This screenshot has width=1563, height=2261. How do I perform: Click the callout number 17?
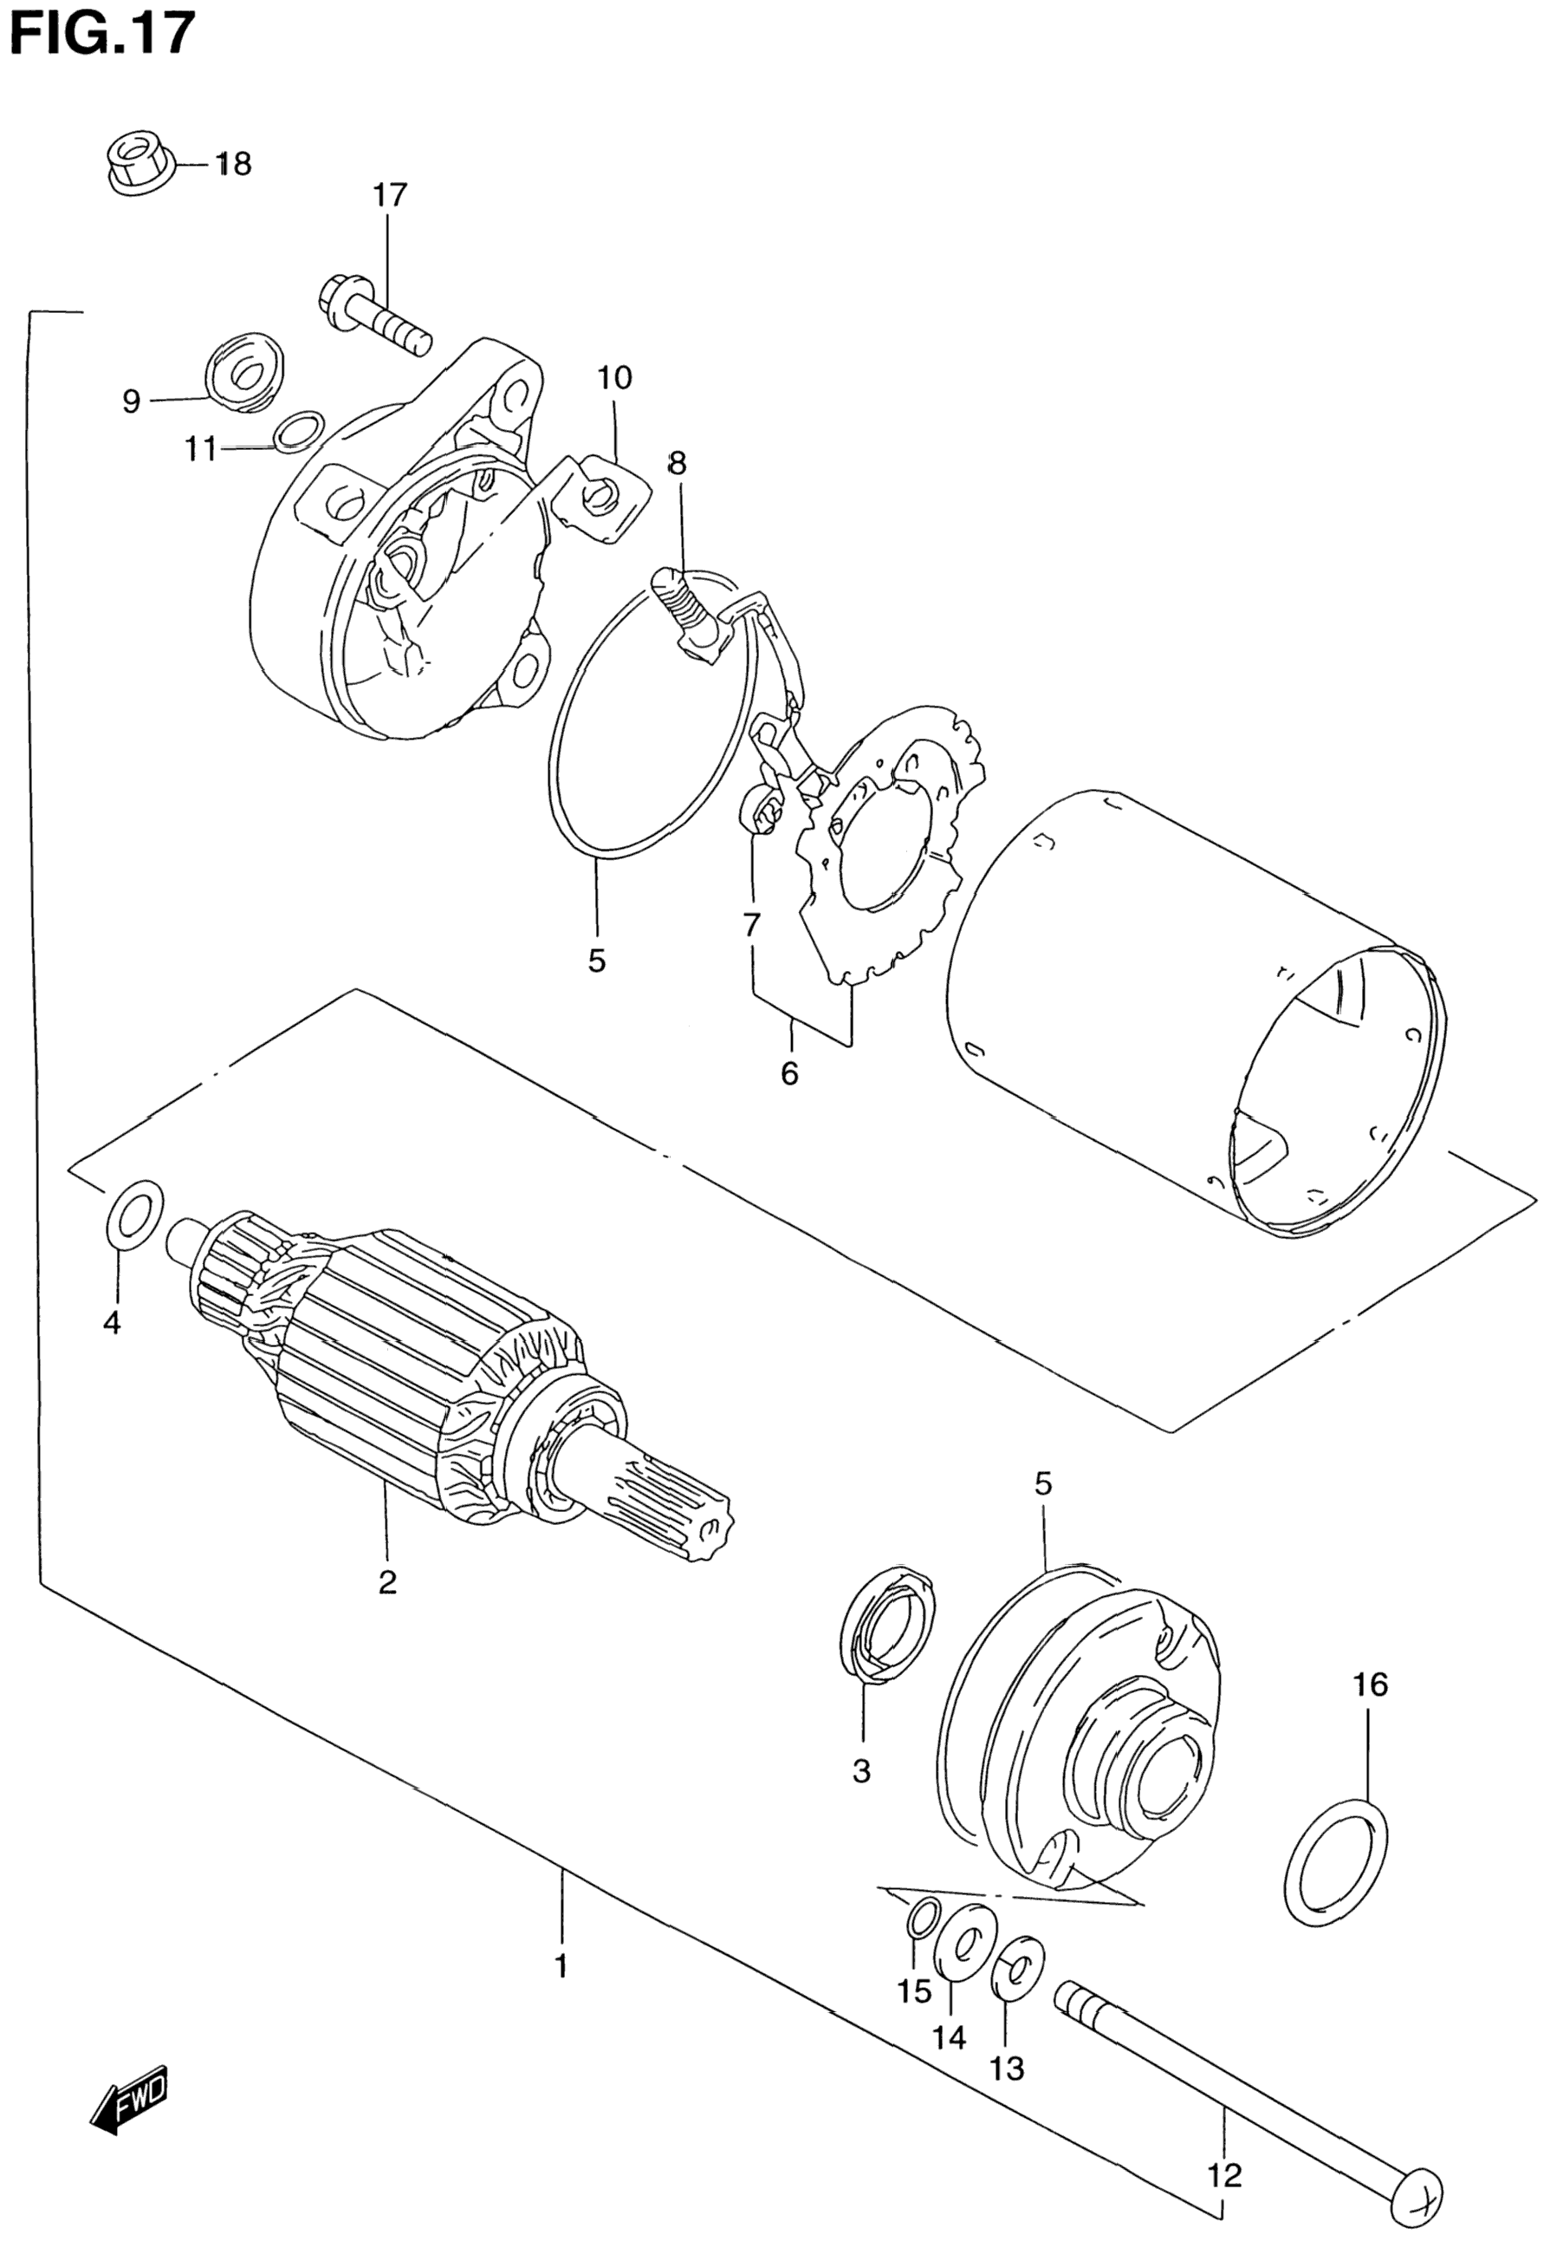(389, 196)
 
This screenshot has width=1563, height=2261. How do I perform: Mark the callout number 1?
(561, 1965)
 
